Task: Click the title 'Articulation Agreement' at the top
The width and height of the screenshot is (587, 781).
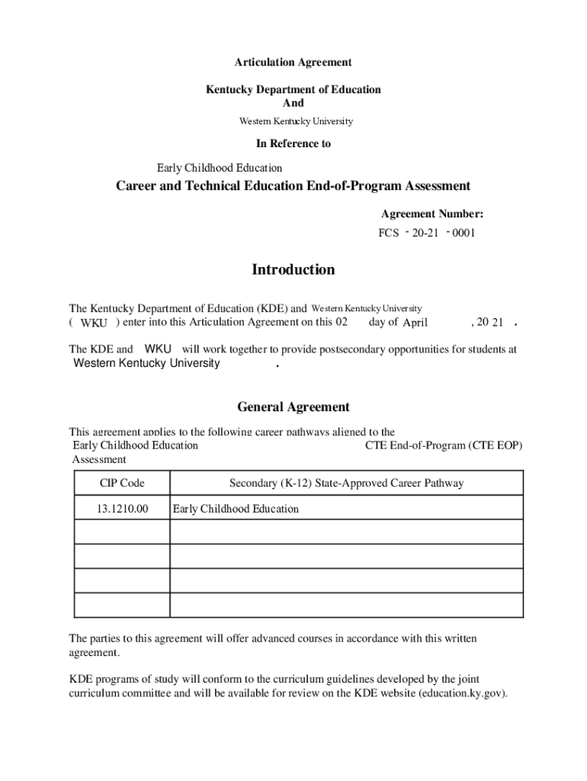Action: coord(293,62)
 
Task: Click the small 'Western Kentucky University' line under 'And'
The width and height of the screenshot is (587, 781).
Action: coord(296,121)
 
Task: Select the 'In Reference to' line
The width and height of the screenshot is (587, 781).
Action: coord(293,143)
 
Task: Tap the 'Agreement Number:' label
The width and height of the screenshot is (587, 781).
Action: coord(432,214)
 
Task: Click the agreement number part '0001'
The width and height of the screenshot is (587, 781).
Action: coord(464,233)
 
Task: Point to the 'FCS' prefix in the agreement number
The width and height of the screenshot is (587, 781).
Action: coord(389,233)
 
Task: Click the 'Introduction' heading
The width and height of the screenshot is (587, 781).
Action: coord(293,270)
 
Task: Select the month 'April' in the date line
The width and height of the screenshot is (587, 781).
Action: coord(415,323)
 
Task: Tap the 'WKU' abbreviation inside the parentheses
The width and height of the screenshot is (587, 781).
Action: coord(94,323)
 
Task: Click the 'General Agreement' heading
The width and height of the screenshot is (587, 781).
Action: coord(293,407)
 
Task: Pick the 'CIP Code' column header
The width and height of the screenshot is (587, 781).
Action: coord(122,484)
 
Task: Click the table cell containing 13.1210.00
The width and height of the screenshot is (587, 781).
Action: coord(122,509)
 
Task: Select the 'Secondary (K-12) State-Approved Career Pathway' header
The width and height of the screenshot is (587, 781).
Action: coord(346,484)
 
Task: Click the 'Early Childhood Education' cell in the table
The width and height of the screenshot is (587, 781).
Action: coord(236,509)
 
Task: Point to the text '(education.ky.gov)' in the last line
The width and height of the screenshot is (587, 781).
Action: coord(463,693)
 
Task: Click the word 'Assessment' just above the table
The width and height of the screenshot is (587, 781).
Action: coord(99,459)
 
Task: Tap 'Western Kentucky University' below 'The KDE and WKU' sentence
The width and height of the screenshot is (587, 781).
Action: coord(146,364)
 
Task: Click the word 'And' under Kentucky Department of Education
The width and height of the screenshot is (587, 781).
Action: coord(293,103)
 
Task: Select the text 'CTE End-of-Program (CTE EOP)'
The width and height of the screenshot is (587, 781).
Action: coord(444,445)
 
